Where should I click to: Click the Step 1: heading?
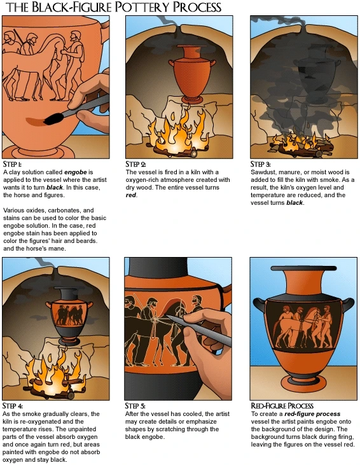[x=12, y=164]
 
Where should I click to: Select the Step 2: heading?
[x=135, y=164]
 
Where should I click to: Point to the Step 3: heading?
[x=260, y=164]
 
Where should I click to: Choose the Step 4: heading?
[x=13, y=406]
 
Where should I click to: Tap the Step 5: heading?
[x=135, y=406]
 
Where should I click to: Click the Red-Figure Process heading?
[x=282, y=406]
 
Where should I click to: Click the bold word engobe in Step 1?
[x=76, y=172]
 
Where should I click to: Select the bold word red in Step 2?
[x=131, y=195]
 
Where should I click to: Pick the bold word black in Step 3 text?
[x=294, y=203]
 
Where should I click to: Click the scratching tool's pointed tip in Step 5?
[x=169, y=317]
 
